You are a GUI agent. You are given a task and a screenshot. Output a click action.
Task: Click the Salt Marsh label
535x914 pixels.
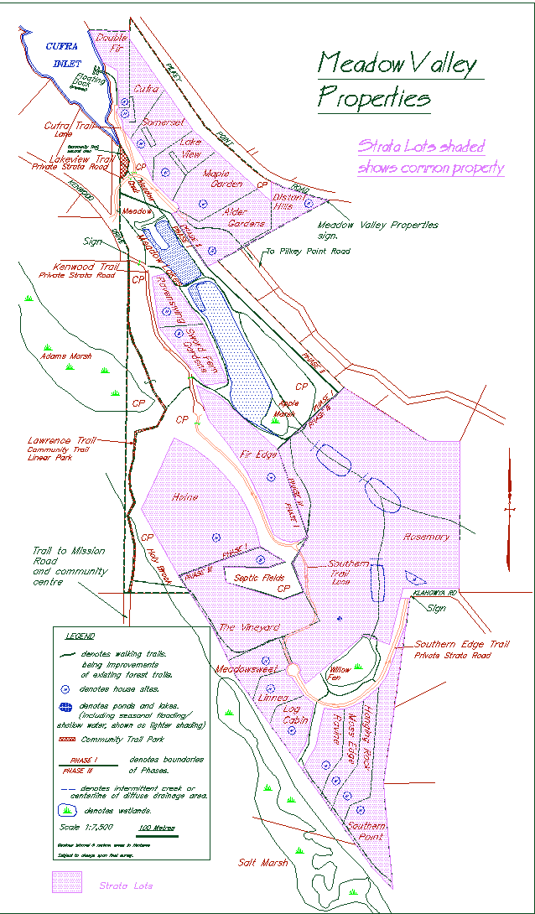pyautogui.click(x=261, y=862)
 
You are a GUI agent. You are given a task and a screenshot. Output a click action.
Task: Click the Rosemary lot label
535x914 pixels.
pyautogui.click(x=427, y=536)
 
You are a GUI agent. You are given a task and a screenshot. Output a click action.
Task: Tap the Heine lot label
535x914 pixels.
pyautogui.click(x=184, y=497)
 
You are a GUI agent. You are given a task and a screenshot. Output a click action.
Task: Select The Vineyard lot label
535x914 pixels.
pyautogui.click(x=248, y=627)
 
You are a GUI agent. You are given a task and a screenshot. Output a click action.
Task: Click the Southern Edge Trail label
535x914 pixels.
pyautogui.click(x=462, y=645)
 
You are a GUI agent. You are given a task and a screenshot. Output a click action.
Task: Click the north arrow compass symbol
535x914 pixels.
pyautogui.click(x=509, y=510)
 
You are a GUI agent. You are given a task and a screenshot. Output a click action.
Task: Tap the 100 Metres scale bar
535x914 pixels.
pyautogui.click(x=157, y=828)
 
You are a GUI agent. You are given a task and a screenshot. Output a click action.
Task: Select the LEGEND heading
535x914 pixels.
pyautogui.click(x=80, y=636)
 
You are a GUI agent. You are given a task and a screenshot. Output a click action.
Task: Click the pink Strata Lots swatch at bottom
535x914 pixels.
pyautogui.click(x=66, y=883)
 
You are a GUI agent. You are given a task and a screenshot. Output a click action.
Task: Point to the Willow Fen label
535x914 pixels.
pyautogui.click(x=340, y=670)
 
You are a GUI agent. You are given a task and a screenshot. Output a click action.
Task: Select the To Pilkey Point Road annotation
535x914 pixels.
pyautogui.click(x=307, y=251)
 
